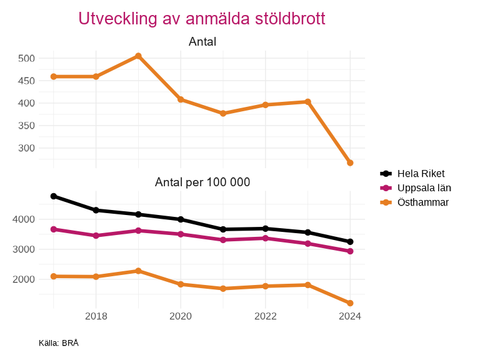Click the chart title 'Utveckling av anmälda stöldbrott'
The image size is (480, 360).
pos(202,19)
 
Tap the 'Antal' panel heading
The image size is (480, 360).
pos(202,42)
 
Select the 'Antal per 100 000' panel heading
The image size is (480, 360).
pos(202,182)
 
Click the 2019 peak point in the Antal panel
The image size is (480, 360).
pos(138,56)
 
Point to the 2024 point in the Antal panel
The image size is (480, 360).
pos(350,163)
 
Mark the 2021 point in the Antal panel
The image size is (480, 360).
pos(222,113)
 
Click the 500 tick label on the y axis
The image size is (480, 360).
pos(27,58)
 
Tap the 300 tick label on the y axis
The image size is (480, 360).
pos(27,148)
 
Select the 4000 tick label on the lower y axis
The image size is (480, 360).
pos(24,219)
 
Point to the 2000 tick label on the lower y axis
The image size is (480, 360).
pos(24,279)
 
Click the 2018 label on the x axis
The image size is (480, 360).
pos(96,316)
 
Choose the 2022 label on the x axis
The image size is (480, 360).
pos(265,316)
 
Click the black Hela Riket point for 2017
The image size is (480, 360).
pos(54,196)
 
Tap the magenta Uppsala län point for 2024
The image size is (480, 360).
pos(350,251)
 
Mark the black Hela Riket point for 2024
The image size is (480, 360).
pos(350,242)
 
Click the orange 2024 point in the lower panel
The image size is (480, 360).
pos(350,303)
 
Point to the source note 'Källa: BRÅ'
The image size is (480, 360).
pos(58,343)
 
